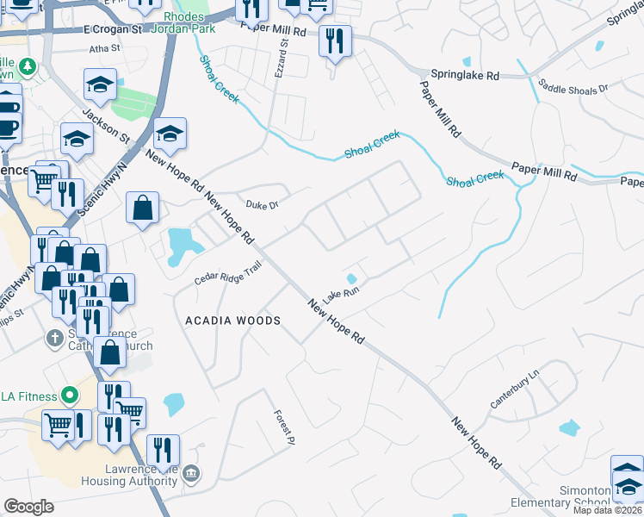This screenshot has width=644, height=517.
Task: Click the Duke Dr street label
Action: pos(263,205)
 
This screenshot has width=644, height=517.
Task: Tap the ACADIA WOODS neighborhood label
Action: pos(233,321)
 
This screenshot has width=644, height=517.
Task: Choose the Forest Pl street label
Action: pos(285,427)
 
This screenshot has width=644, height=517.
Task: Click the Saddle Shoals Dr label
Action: pos(573,88)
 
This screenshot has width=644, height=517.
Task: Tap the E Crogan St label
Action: pos(113,29)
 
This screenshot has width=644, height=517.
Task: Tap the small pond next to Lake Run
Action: pos(351,278)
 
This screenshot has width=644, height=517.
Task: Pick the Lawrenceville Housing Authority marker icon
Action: pos(192,473)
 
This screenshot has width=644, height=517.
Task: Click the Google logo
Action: pos(29,507)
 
